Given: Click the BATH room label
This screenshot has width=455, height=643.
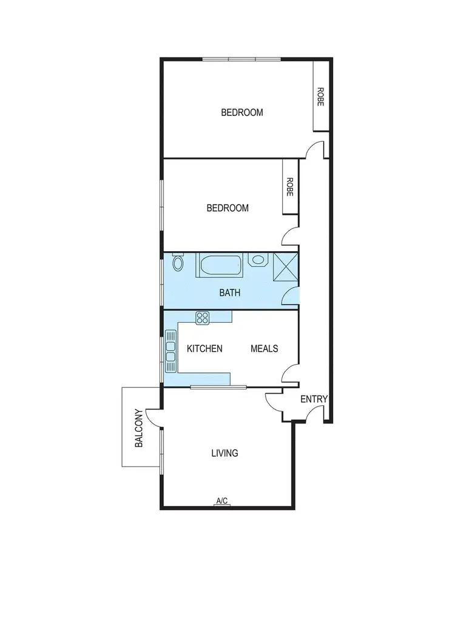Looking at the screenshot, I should tap(230, 292).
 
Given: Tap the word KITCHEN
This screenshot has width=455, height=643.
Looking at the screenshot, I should tap(204, 348).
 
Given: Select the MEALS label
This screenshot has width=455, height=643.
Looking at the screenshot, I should tap(265, 348).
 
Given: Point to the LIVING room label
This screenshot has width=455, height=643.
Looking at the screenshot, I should tap(224, 453).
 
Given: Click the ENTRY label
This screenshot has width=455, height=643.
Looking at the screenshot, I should tap(314, 399).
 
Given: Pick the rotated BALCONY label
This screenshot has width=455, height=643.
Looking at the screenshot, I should tap(139, 428).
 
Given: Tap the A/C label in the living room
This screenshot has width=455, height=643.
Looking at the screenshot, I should tap(222, 500).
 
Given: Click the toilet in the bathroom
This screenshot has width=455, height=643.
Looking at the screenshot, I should tap(178, 263).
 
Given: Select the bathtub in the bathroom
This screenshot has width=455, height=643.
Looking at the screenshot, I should tap(221, 266).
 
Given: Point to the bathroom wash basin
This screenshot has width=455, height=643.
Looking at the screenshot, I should tap(259, 261).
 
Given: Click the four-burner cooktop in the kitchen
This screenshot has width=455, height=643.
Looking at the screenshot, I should tap(202, 317).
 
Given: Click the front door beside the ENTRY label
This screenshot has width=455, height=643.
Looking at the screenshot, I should tap(315, 414).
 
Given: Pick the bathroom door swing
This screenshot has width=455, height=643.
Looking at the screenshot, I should tap(292, 296).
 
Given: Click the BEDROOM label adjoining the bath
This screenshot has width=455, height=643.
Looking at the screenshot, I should tap(227, 208).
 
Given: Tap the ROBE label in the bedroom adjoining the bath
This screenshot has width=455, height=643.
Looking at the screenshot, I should tap(290, 187).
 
